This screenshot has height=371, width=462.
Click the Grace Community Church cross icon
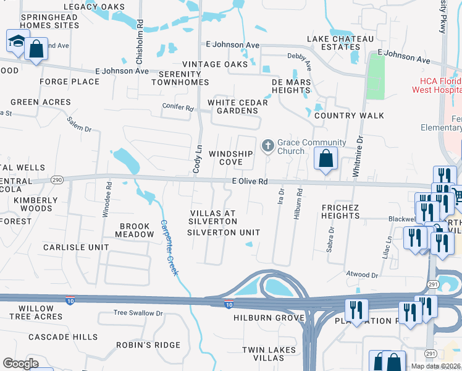(267, 145)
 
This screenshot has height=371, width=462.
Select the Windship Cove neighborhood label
(230, 158)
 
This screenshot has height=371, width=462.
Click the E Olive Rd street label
(250, 182)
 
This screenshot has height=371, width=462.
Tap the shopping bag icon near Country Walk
(325, 159)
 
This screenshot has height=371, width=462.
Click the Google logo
(20, 363)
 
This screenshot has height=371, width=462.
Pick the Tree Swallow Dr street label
(138, 313)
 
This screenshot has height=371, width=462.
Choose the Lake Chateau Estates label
(341, 43)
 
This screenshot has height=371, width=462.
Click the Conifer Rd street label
(178, 108)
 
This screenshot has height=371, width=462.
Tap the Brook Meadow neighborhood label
(136, 231)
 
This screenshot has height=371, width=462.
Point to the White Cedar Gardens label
(238, 106)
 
